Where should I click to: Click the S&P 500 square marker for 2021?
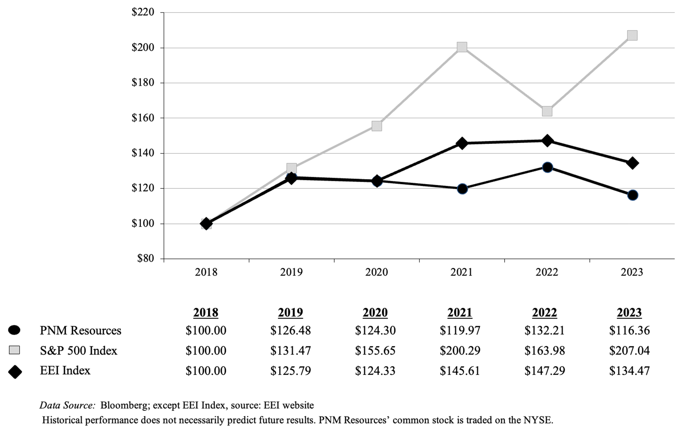tap(462, 47)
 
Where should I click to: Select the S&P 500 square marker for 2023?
tap(632, 35)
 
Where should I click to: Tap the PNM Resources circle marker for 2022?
tap(547, 167)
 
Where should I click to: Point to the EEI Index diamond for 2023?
tap(632, 163)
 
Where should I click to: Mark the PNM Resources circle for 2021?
tap(462, 189)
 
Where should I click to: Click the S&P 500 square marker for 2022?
tap(547, 111)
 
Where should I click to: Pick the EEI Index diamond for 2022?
tap(547, 141)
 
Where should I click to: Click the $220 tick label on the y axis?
tap(143, 12)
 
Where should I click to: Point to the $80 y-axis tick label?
tap(145, 259)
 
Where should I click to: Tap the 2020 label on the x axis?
tap(376, 272)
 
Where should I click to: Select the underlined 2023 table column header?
tap(629, 313)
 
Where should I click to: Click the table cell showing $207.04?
tap(629, 351)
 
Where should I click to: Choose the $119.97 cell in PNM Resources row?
tap(460, 330)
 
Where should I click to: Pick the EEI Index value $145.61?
tap(460, 371)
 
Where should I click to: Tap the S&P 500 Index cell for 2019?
tap(290, 351)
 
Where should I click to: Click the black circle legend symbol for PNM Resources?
tap(14, 330)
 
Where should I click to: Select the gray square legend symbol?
tap(14, 350)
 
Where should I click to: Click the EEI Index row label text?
tap(65, 371)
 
